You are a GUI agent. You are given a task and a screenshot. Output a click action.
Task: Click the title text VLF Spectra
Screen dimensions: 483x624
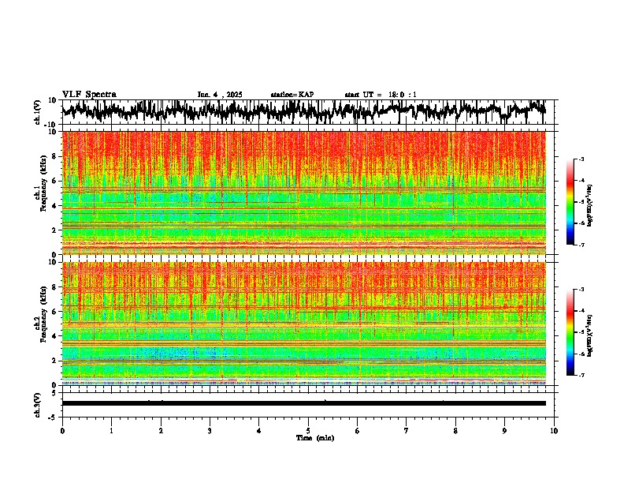point(89,94)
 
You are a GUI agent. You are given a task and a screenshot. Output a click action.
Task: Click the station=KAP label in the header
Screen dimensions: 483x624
point(292,95)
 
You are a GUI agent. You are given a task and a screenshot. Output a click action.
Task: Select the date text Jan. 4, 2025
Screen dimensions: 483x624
point(220,95)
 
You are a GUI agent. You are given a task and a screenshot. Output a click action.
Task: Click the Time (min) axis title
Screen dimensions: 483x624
point(314,437)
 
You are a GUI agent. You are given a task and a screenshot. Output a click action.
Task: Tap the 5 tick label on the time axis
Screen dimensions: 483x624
point(308,430)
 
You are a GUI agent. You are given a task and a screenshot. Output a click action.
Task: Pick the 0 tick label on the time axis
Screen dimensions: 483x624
point(62,430)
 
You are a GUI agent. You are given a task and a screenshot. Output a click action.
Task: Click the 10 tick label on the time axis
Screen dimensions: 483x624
point(554,430)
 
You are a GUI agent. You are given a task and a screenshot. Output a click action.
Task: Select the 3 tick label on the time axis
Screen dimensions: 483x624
point(210,430)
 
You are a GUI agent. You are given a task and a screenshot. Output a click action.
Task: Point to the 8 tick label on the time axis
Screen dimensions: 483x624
point(455,430)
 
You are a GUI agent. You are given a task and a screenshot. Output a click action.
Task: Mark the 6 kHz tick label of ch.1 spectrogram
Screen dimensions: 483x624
point(54,181)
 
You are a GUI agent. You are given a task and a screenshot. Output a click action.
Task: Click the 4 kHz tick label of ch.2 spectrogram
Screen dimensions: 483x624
point(54,336)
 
